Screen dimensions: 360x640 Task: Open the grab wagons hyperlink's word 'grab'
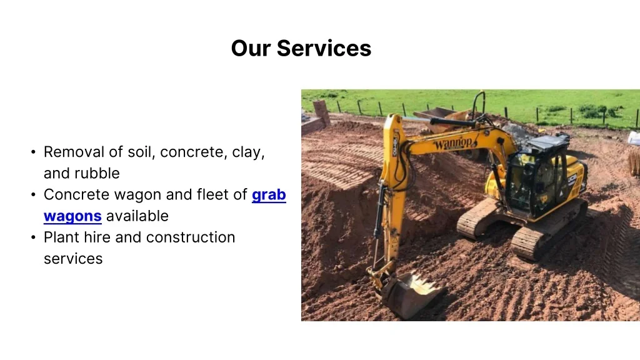[269, 195]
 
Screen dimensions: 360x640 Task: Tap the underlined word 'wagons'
[72, 216]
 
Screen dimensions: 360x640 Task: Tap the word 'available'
[137, 216]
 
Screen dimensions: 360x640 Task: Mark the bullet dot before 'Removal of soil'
[32, 152]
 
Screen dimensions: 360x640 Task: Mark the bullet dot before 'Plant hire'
[32, 238]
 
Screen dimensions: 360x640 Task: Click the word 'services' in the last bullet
[72, 259]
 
